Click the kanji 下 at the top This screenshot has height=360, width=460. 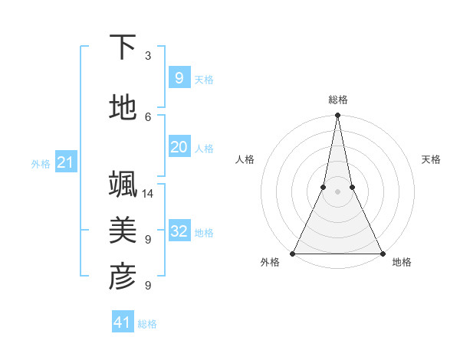[x=123, y=47]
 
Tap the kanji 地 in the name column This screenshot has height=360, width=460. [x=123, y=108]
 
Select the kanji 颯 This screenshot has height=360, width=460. [x=123, y=184]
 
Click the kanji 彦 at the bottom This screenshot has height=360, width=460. [x=123, y=277]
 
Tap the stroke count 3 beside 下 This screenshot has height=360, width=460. [x=148, y=56]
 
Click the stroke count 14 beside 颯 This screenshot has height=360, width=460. [x=149, y=193]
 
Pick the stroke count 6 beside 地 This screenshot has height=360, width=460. [x=148, y=116]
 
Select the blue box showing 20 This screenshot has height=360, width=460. [x=179, y=147]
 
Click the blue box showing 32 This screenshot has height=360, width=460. [x=179, y=231]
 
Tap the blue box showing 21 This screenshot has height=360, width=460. [x=65, y=162]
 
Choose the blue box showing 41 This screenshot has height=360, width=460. [x=123, y=322]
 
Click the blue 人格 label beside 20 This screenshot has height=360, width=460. [x=204, y=149]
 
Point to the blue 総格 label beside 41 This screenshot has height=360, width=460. [x=147, y=324]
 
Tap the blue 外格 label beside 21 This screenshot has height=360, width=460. [x=41, y=164]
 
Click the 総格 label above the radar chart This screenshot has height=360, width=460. [x=337, y=100]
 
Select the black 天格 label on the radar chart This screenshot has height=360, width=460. [x=431, y=159]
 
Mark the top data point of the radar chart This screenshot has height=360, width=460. [x=337, y=116]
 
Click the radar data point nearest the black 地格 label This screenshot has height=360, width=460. [x=381, y=253]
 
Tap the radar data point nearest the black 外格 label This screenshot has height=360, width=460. [x=294, y=253]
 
